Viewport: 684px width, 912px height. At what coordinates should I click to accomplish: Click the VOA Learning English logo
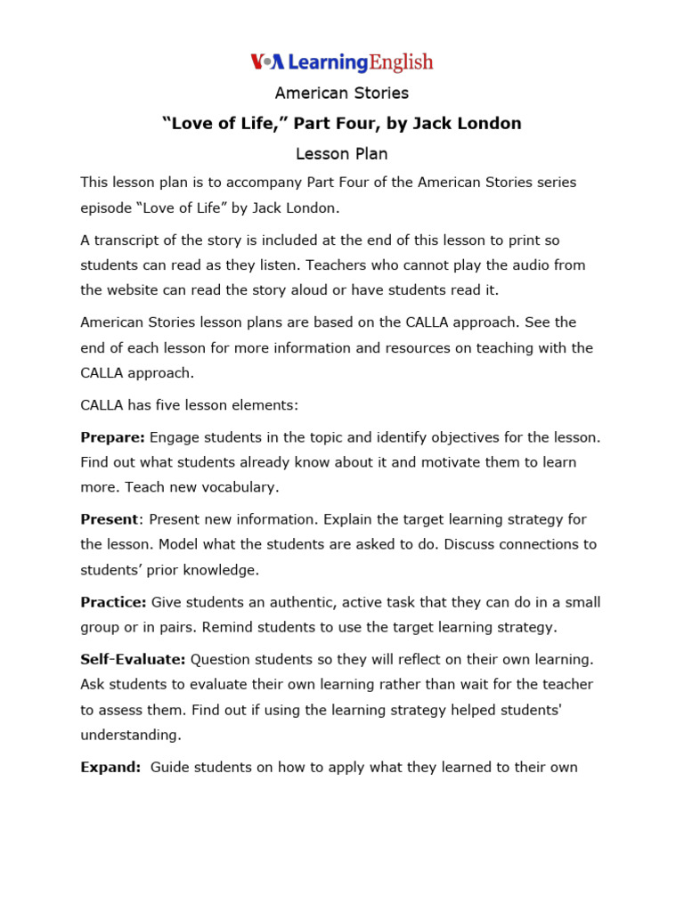(x=342, y=61)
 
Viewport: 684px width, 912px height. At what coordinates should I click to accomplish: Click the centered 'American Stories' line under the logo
(x=342, y=93)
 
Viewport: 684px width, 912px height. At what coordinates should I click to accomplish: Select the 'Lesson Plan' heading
(x=342, y=153)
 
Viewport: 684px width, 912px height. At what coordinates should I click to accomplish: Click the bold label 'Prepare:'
(x=112, y=436)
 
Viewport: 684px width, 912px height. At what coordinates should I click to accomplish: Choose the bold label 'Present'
(x=110, y=519)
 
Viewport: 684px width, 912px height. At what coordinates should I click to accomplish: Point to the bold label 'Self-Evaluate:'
(x=133, y=659)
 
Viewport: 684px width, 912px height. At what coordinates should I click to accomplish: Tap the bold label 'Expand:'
(x=110, y=767)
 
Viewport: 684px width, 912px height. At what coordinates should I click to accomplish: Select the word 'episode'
(x=105, y=208)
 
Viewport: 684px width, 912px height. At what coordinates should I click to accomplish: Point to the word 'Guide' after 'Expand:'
(x=170, y=767)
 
